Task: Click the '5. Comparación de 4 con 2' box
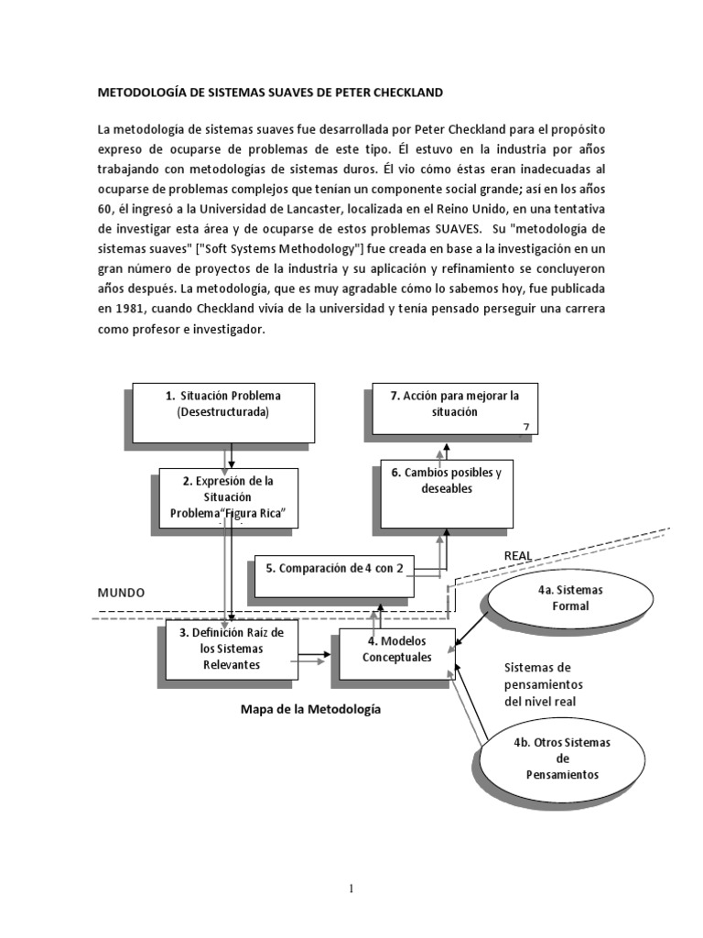(x=333, y=568)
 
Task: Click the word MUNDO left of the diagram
(x=123, y=593)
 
